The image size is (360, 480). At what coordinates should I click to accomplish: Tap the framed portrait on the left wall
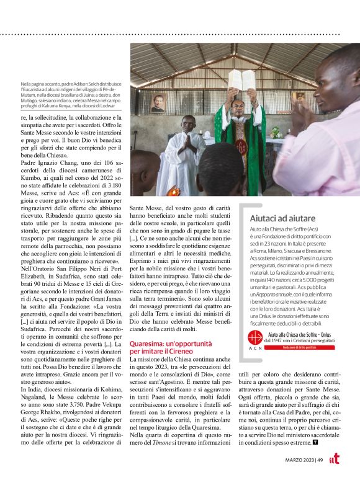(x=158, y=103)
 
